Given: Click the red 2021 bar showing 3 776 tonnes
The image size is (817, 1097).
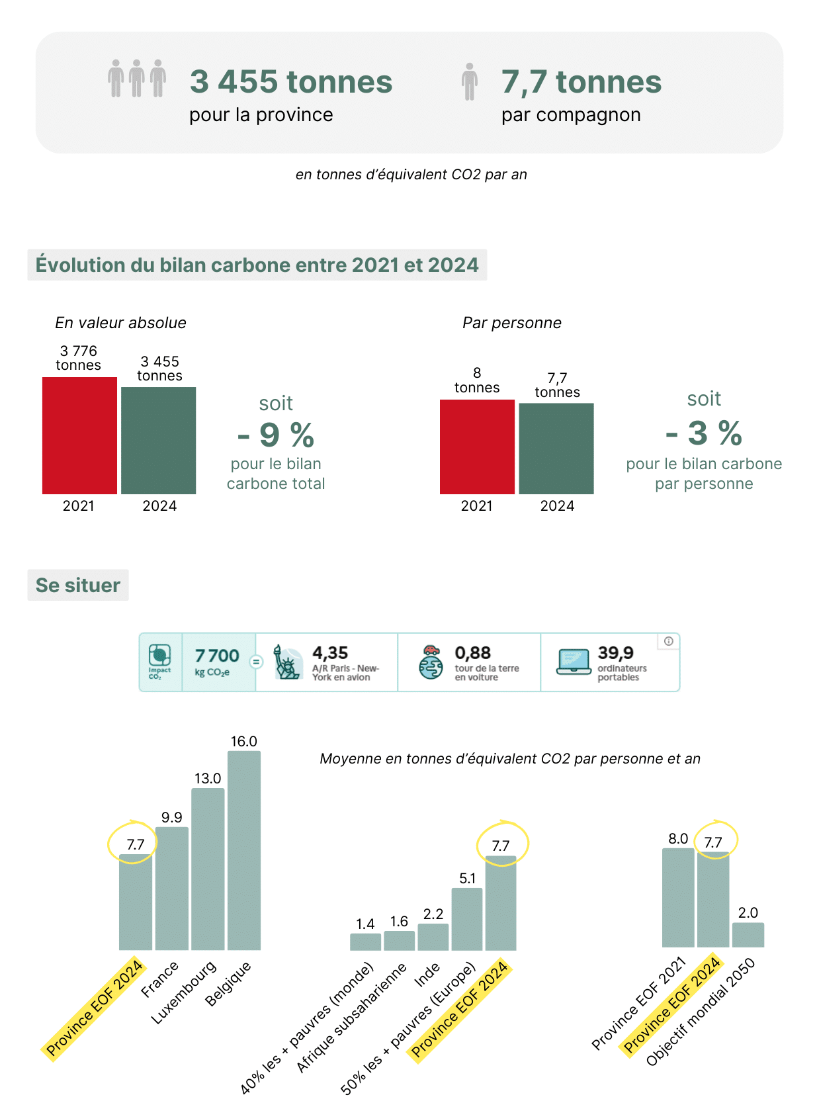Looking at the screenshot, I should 79,435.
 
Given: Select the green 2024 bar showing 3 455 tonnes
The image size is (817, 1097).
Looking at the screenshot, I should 159,440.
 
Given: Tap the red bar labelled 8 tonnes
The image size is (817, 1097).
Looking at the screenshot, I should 477,447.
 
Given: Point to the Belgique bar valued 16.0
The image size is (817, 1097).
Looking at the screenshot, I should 244,850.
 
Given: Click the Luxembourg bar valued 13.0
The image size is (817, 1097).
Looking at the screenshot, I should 208,869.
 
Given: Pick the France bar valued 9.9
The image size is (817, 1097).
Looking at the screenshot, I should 172,888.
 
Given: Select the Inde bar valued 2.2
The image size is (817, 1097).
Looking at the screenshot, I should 433,937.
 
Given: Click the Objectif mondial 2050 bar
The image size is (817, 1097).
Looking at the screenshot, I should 748,935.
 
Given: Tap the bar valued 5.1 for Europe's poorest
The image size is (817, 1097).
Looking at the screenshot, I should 467,919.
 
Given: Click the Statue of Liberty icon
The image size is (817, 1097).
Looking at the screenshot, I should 287,662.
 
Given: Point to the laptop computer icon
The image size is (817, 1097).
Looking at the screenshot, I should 574,662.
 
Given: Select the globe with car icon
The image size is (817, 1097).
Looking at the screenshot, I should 431,662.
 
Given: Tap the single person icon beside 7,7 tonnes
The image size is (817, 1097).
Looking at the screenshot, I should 470,81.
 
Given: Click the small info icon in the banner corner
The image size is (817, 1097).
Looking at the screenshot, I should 669,641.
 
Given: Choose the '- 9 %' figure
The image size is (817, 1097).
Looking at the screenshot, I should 276,435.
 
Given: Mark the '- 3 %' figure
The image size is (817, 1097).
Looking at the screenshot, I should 704,433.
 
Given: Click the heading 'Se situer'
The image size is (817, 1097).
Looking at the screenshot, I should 78,586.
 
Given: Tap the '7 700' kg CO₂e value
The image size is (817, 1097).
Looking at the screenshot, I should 217,656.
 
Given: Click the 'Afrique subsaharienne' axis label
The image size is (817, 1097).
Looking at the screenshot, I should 351,1018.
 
